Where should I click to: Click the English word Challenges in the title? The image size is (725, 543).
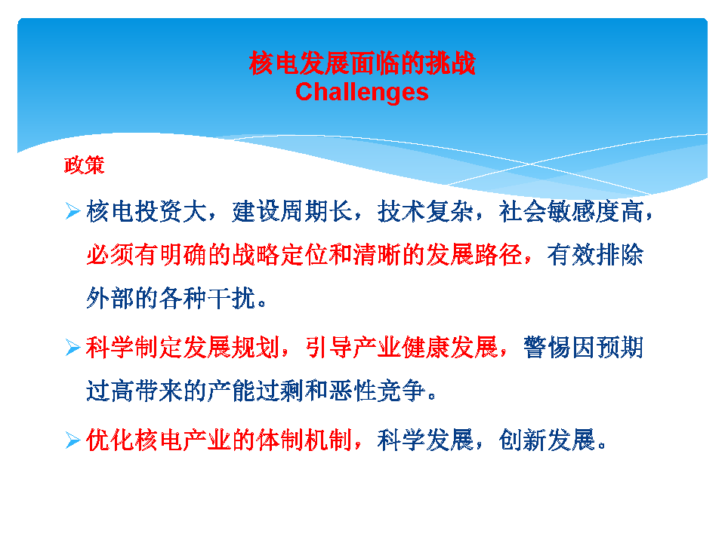(362, 92)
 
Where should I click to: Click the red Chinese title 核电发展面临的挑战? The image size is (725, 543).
(362, 63)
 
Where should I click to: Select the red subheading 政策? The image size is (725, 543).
(84, 165)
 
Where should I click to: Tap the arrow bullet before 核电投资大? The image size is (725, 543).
(73, 210)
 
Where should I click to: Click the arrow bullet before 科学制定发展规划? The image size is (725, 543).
(73, 347)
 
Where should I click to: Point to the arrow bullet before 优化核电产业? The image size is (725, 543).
(73, 440)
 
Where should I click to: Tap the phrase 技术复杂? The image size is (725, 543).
(425, 211)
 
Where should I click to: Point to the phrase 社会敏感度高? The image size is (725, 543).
(571, 211)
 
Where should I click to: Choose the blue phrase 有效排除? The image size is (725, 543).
(595, 255)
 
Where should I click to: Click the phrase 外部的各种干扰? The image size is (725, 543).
(171, 299)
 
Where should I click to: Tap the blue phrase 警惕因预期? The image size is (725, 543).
(583, 347)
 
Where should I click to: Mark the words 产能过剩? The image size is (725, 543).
(255, 391)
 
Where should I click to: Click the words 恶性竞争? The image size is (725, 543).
(377, 391)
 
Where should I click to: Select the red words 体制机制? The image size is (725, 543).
(304, 440)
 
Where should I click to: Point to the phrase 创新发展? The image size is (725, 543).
(547, 440)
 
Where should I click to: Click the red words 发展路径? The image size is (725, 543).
(474, 255)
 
